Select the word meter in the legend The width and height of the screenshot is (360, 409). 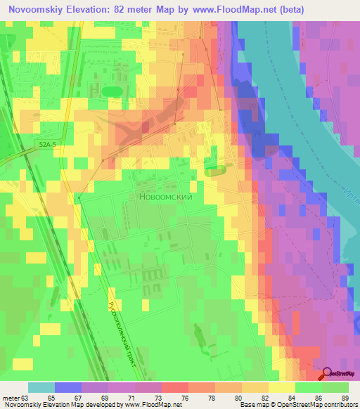[10, 397]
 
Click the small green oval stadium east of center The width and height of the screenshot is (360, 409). [215, 169]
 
